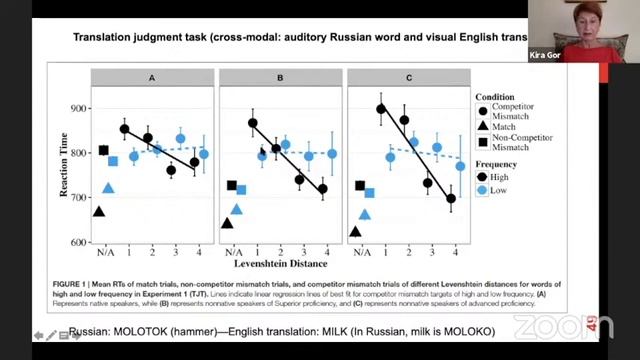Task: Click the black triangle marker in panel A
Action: pyautogui.click(x=99, y=211)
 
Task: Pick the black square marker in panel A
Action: pyautogui.click(x=103, y=151)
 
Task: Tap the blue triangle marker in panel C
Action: pyautogui.click(x=365, y=214)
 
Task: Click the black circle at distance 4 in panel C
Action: pyautogui.click(x=450, y=198)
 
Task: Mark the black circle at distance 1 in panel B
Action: pyautogui.click(x=253, y=123)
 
